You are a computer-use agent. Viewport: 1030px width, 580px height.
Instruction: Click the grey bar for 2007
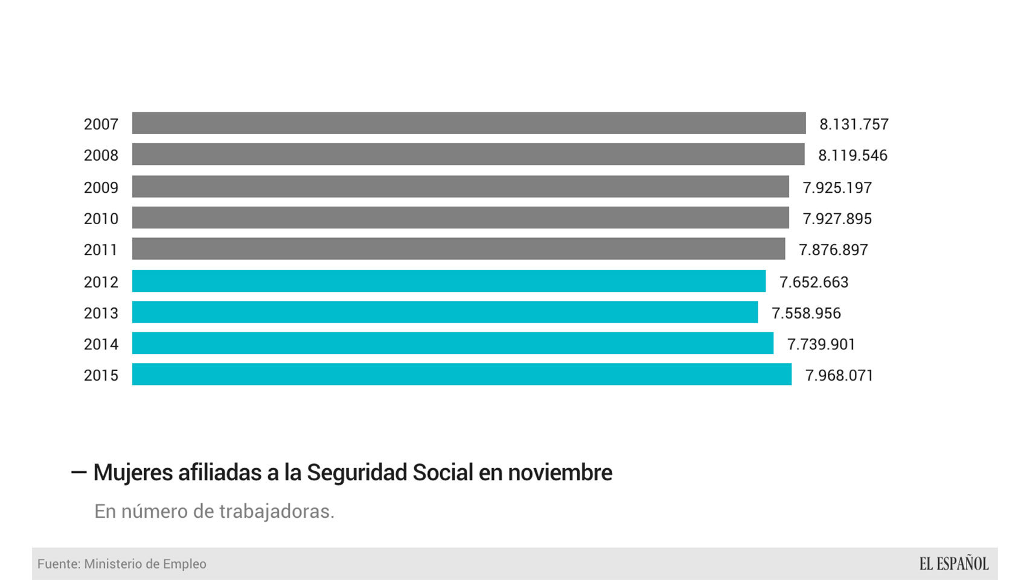469,123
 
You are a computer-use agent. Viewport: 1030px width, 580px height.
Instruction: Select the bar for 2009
460,187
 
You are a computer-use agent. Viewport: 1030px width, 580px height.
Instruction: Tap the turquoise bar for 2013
445,312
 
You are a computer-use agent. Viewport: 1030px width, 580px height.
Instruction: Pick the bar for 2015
461,375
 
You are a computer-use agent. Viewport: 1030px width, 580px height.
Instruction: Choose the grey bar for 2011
458,249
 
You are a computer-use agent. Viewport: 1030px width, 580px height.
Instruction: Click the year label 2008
101,155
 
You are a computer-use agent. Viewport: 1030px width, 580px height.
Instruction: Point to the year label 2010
101,219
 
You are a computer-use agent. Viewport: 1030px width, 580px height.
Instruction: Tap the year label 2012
101,282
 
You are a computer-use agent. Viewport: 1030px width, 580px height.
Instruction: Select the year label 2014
101,344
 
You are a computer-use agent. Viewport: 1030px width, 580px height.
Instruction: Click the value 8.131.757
854,124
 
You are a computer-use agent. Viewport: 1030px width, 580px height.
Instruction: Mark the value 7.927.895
837,219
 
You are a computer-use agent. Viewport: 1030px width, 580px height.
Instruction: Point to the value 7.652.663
814,282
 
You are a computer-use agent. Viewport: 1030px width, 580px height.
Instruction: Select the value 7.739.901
821,344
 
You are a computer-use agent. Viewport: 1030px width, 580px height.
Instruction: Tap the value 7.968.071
839,375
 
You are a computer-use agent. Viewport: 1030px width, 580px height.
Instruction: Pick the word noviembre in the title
560,472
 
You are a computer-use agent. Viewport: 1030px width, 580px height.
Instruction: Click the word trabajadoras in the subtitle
277,511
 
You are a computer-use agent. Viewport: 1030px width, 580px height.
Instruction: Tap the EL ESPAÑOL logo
953,564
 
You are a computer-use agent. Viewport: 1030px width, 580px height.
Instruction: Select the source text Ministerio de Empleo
145,564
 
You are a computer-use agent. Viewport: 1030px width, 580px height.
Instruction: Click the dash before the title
78,472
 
